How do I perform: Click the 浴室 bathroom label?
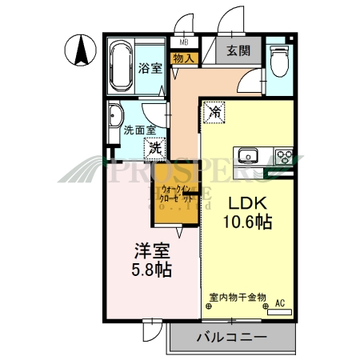150,68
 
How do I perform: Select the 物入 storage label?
182,58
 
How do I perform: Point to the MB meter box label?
184,42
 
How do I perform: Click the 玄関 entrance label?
238,51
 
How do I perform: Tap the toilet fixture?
279,59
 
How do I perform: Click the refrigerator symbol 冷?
214,113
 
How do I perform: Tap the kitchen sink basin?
247,154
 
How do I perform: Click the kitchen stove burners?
283,154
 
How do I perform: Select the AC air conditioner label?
280,303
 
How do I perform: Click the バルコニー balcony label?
231,338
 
